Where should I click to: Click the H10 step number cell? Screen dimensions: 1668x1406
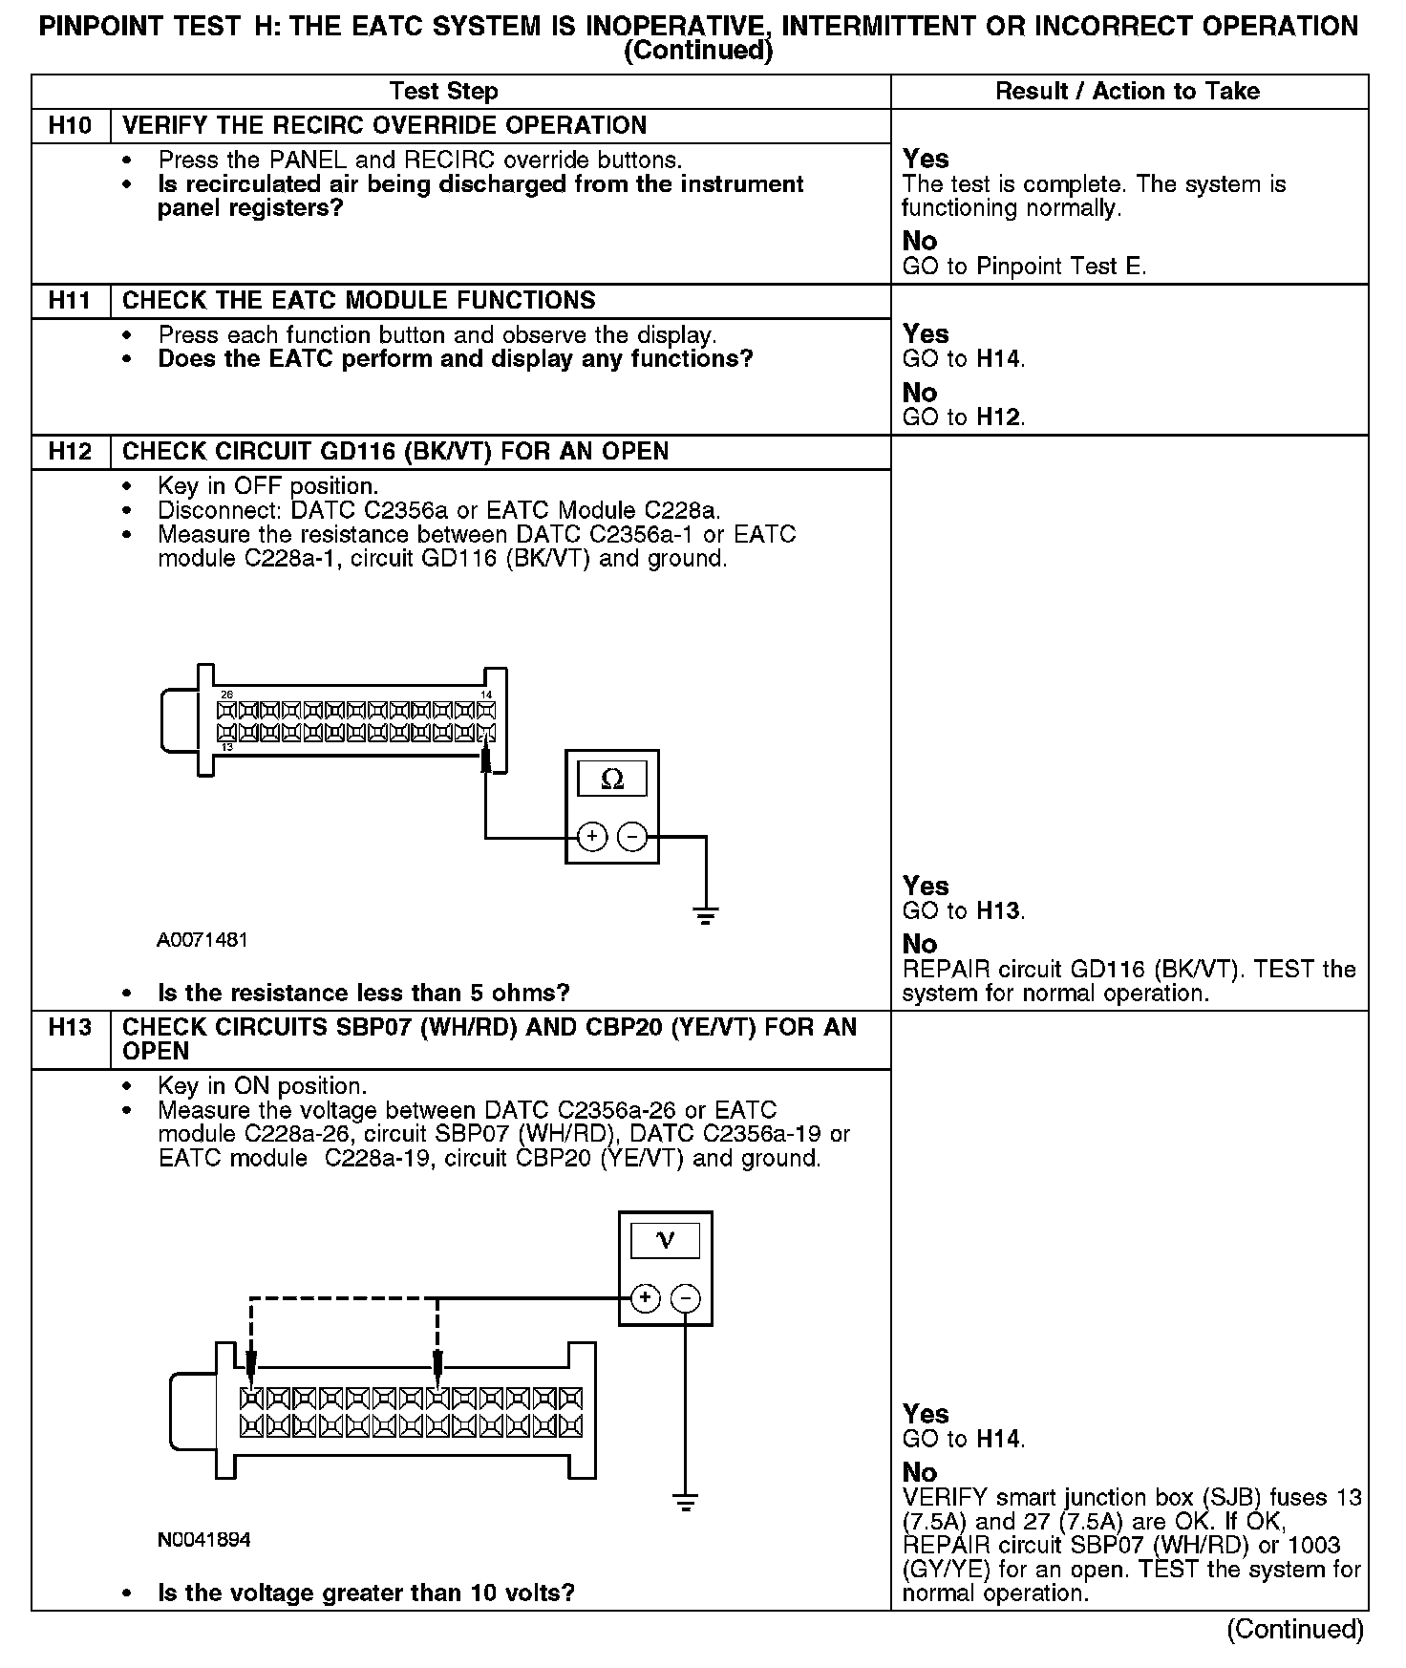[x=71, y=126]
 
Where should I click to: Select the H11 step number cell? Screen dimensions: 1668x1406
[x=71, y=301]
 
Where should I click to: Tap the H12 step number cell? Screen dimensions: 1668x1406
[x=71, y=452]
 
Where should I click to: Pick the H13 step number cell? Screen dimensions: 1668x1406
[x=71, y=1028]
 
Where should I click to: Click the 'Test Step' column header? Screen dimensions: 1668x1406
[x=444, y=92]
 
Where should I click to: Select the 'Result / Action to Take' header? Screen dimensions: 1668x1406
[x=1127, y=92]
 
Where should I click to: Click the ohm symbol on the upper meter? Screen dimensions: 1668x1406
[x=612, y=780]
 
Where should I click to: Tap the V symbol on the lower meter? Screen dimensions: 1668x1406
[x=666, y=1241]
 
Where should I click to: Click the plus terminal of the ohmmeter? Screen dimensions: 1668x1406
[x=592, y=837]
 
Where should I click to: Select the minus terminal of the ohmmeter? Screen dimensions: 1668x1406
[x=632, y=837]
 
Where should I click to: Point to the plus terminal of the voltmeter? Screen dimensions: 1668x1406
[x=646, y=1297]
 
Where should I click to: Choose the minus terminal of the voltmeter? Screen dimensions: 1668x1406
[x=685, y=1297]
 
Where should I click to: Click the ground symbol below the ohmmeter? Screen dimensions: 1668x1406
[x=706, y=916]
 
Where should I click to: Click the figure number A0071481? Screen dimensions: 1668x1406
[x=202, y=940]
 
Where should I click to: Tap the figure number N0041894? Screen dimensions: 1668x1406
[x=204, y=1540]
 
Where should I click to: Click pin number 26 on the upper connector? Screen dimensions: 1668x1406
[x=226, y=695]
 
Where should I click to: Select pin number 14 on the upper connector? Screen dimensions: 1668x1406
[x=486, y=695]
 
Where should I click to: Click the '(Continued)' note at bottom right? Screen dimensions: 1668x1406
[x=1294, y=1628]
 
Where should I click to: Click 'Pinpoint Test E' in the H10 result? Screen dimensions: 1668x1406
[x=1060, y=267]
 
